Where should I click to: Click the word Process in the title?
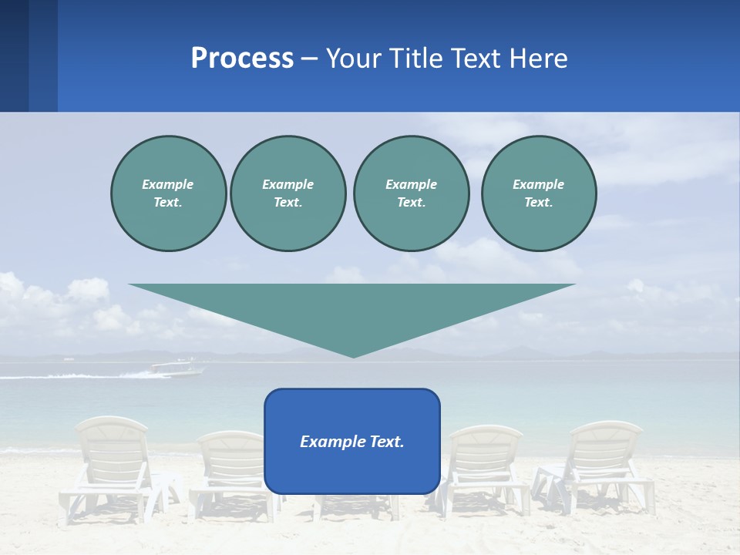point(242,58)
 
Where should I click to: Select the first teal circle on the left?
point(168,193)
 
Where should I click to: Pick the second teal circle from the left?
point(288,193)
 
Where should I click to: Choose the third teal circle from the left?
point(411,193)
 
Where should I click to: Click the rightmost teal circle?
point(538,193)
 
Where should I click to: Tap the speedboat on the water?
point(179,368)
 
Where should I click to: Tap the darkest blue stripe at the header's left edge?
point(14,55)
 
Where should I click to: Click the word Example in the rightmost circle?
point(538,184)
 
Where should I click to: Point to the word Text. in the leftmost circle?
point(168,202)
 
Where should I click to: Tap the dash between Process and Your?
point(309,58)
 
